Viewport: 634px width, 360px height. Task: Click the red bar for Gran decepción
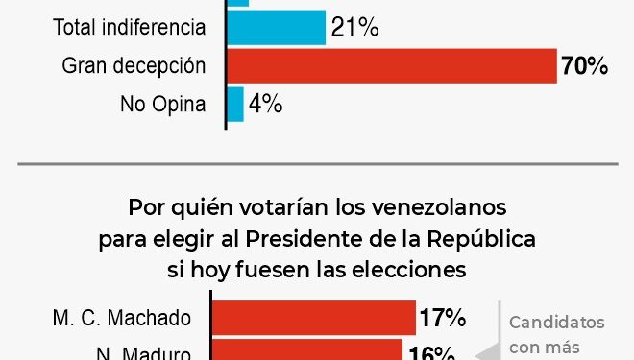(391, 65)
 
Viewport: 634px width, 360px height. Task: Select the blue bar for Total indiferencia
(277, 28)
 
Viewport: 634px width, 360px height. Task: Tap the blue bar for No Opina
(235, 104)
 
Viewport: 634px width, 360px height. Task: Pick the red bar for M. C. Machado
(313, 318)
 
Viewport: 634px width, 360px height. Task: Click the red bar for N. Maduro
(306, 350)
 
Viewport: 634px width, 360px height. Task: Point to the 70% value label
(585, 66)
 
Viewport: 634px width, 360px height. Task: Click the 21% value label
(354, 28)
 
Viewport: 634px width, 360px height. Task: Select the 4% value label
(265, 104)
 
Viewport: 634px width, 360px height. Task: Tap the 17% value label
(442, 318)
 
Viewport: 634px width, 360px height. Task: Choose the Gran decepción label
(134, 66)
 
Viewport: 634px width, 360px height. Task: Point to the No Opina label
(163, 104)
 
